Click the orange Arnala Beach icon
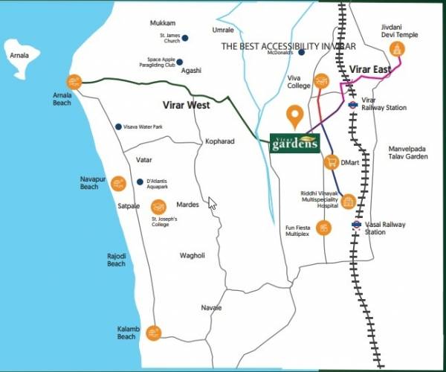(74, 82)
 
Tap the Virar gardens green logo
(294, 143)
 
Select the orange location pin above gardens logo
(295, 117)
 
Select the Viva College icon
(322, 81)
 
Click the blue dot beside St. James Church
(185, 38)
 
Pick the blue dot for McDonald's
(301, 52)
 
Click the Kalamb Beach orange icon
(153, 333)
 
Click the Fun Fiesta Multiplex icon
(323, 228)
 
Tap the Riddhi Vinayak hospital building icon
(347, 201)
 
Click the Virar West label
(186, 106)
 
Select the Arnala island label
(18, 55)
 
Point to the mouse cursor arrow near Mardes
(212, 203)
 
